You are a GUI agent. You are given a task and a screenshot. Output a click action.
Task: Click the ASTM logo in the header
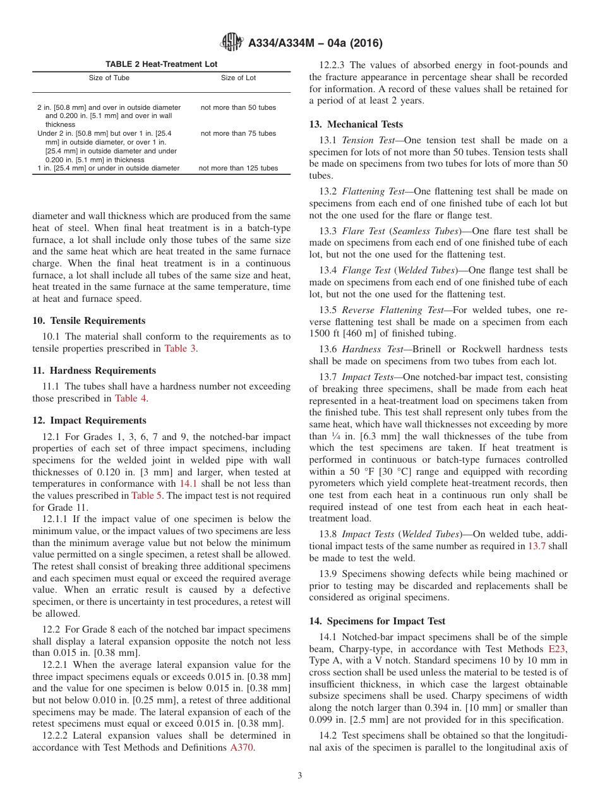click(232, 43)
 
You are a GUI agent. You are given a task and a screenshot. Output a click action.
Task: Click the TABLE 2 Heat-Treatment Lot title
click(162, 64)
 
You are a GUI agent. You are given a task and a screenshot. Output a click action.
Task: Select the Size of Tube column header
click(109, 78)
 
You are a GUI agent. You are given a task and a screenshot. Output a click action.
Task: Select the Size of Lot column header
click(238, 78)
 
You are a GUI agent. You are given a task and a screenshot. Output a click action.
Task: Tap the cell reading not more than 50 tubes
click(238, 107)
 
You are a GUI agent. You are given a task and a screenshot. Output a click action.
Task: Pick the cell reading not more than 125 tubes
click(238, 168)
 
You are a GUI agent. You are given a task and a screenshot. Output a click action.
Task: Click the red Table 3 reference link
click(180, 348)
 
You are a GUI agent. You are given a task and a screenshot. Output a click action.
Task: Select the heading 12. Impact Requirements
click(89, 420)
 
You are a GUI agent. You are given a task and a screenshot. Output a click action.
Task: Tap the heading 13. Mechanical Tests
click(356, 124)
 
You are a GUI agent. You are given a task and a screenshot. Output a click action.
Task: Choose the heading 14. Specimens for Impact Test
click(377, 621)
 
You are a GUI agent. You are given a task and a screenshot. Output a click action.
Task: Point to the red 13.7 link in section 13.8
click(536, 546)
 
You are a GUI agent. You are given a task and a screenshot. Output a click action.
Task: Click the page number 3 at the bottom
click(300, 776)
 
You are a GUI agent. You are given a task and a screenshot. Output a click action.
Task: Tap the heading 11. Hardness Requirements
click(93, 371)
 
